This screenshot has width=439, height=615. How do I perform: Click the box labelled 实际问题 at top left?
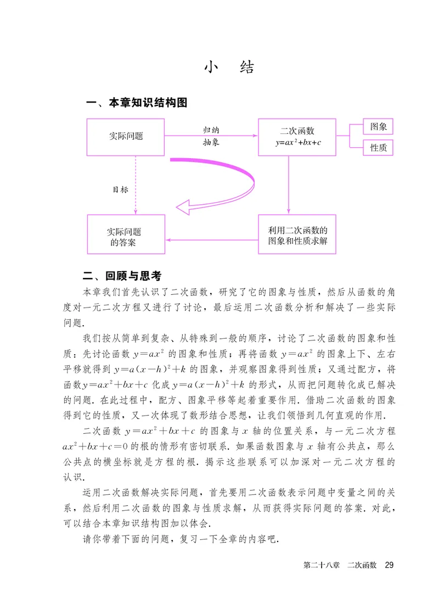pyautogui.click(x=126, y=136)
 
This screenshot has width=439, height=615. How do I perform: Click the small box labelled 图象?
pyautogui.click(x=378, y=127)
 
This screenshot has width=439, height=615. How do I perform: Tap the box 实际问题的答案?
pyautogui.click(x=126, y=234)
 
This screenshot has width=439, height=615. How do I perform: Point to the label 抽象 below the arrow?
pyautogui.click(x=212, y=142)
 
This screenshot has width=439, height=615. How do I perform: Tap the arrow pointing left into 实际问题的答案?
pyautogui.click(x=211, y=239)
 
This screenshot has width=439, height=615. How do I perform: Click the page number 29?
pyautogui.click(x=390, y=565)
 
